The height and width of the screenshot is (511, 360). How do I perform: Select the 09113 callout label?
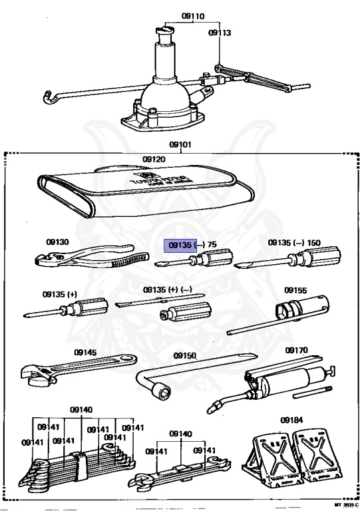(220, 31)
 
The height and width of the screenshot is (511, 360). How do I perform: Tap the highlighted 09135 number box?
(180, 245)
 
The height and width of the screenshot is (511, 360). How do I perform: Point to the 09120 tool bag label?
(154, 160)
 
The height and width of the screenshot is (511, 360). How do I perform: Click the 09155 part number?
(295, 290)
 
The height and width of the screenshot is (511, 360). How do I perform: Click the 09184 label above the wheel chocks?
(291, 420)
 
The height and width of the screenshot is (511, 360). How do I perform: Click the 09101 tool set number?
(180, 143)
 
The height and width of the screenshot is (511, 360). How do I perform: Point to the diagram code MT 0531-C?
(345, 506)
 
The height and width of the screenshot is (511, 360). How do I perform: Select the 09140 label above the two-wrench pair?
(180, 434)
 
